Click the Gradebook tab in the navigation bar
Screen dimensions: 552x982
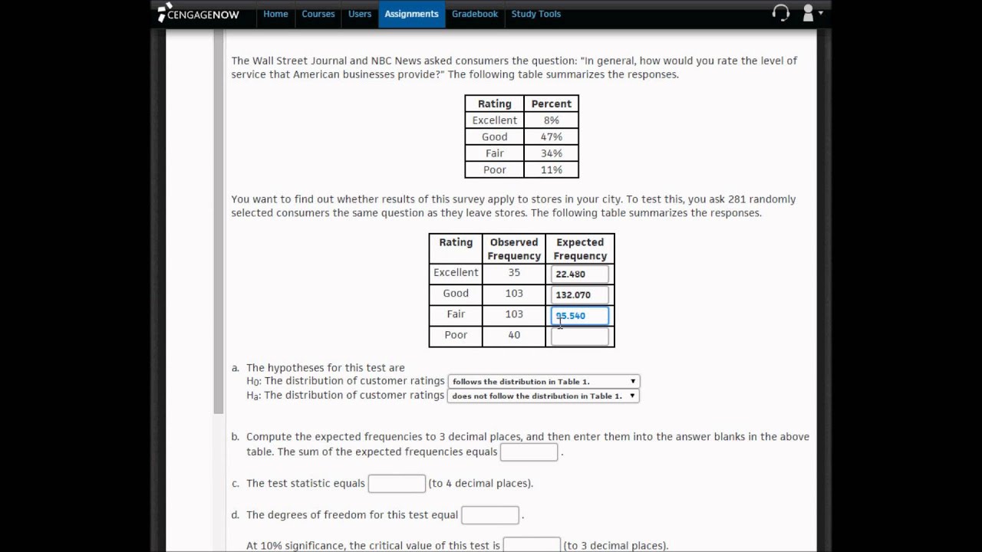[x=474, y=14]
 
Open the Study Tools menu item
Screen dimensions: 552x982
[x=535, y=14]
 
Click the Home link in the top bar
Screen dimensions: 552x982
[x=275, y=14]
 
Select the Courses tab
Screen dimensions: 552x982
[x=318, y=14]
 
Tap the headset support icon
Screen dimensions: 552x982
[x=780, y=13]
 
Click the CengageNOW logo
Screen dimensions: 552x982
[x=199, y=14]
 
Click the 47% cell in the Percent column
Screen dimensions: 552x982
[x=551, y=136]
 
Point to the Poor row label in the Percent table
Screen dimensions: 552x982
[x=494, y=169]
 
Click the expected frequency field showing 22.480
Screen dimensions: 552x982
[x=579, y=274]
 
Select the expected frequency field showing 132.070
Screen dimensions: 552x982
[x=579, y=294]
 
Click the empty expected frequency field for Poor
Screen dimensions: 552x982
[x=579, y=336]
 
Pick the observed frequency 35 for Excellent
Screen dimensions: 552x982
[x=513, y=272]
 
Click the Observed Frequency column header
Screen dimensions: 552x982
[x=513, y=248]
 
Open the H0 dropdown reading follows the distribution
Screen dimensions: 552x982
[x=543, y=381]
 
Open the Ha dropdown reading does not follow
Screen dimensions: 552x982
[x=543, y=396]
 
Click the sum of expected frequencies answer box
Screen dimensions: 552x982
[x=529, y=452]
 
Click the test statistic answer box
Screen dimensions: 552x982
[x=397, y=484]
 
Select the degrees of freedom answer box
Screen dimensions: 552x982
[x=489, y=515]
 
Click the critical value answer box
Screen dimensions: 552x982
[x=531, y=545]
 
